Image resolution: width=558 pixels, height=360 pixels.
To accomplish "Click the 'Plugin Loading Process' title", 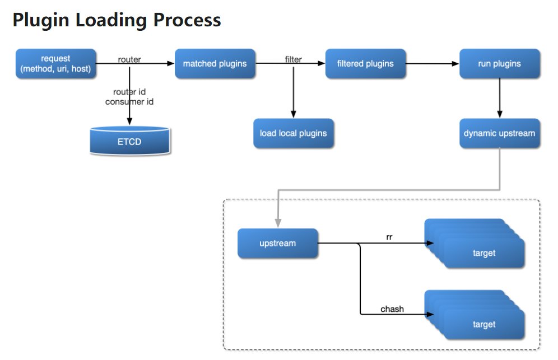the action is tap(117, 20).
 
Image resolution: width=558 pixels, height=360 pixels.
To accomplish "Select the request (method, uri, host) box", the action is tap(56, 64).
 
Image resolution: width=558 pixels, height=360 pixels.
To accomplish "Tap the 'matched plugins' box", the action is tap(215, 64).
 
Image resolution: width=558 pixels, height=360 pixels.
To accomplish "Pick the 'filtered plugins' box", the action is tap(365, 64).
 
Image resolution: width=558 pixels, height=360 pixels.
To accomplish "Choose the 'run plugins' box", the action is tap(500, 64).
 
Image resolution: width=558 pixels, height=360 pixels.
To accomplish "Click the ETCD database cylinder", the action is tap(130, 141).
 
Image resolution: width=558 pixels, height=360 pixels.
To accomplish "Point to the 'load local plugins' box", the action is tap(294, 133).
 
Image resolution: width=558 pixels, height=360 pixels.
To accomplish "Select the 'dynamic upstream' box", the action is tap(500, 133).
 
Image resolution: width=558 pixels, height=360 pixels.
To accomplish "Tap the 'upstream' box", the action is tap(277, 244).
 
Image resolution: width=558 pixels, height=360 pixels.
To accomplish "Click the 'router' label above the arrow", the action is tap(129, 59).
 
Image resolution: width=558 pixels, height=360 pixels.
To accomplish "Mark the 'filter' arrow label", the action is tap(294, 59).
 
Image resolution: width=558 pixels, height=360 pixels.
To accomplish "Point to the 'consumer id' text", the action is tap(129, 102).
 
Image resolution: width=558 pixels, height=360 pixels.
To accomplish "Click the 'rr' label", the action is tap(389, 237).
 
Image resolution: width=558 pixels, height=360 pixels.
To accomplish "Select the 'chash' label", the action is tap(392, 309).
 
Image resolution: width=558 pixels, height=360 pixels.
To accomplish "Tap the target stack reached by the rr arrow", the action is tap(475, 244).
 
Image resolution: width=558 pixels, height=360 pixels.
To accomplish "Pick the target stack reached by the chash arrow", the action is tap(475, 315).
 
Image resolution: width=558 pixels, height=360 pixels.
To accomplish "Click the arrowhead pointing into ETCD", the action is tap(129, 121).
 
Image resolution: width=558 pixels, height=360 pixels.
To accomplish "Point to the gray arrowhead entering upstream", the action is tap(278, 223).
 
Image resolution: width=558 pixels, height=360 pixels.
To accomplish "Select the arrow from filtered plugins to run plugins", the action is tap(433, 64).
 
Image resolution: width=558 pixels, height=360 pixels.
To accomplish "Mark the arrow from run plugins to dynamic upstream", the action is tap(500, 98).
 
